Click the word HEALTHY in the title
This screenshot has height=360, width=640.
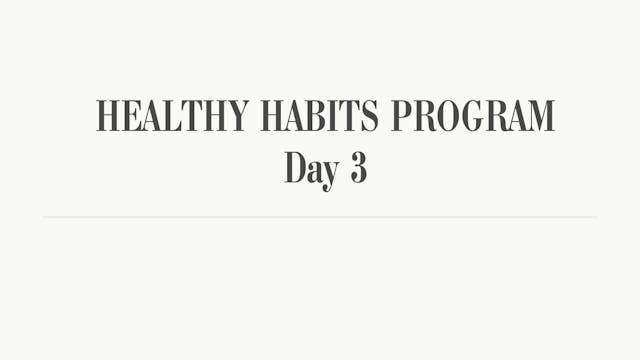pos(173,117)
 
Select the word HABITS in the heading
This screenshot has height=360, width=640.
pos(321,117)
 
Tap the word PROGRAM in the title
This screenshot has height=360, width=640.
pos(472,117)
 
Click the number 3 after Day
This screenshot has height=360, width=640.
pos(358,168)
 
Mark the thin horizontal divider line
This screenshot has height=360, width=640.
pos(320,217)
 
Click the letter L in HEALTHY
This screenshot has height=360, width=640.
pos(172,117)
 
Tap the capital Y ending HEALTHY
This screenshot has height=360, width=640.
pos(239,117)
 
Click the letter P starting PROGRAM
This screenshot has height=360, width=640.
pos(400,117)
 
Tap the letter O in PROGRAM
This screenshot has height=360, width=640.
pos(446,117)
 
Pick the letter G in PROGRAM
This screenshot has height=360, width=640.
pos(470,117)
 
